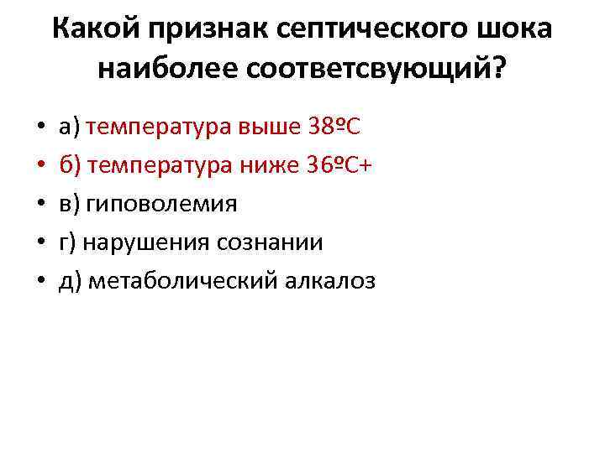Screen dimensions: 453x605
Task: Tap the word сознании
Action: pyautogui.click(x=270, y=242)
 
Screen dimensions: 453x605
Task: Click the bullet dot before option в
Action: pyautogui.click(x=40, y=205)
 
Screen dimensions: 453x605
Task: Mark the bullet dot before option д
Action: pyautogui.click(x=40, y=282)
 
